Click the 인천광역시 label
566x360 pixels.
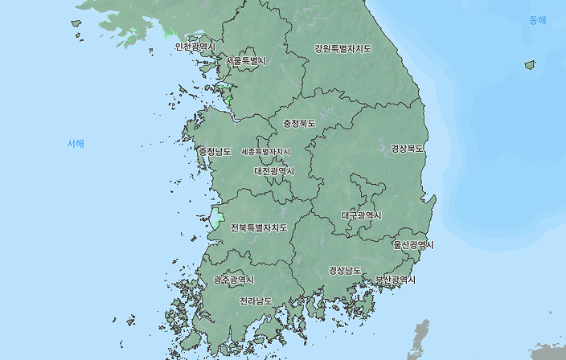(x=195, y=47)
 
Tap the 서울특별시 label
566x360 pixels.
(x=246, y=61)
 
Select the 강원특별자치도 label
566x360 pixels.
(x=343, y=48)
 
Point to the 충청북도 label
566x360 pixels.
(x=299, y=124)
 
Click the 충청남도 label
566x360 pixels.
(x=215, y=151)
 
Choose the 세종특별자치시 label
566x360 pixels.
(x=265, y=151)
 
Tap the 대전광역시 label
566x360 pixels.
(x=274, y=171)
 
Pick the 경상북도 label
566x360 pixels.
(x=408, y=149)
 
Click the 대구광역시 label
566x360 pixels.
(x=361, y=215)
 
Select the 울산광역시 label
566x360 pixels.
(x=413, y=244)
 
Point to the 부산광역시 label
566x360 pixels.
(x=396, y=280)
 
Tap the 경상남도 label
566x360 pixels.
(x=345, y=270)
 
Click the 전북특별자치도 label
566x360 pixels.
(x=259, y=227)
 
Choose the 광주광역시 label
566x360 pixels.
(x=233, y=280)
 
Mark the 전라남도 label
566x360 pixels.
(x=256, y=301)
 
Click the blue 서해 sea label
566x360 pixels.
(x=76, y=143)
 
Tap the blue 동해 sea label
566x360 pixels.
(x=537, y=20)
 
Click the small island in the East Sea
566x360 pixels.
(x=530, y=64)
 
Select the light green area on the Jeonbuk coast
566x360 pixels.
(x=217, y=218)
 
